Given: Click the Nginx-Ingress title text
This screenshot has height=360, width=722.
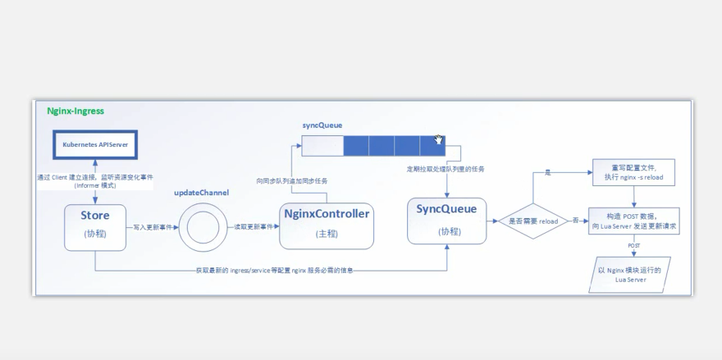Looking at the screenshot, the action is click(x=75, y=111).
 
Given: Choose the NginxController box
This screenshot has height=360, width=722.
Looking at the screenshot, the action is click(x=327, y=224).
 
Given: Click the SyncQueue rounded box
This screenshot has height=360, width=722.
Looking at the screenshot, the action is click(x=446, y=220).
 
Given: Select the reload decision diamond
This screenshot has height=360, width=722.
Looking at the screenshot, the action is click(x=533, y=221).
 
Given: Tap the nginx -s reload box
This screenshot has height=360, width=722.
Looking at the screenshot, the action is click(x=633, y=172).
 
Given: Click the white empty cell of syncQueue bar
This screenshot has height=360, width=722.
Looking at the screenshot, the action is click(x=322, y=146).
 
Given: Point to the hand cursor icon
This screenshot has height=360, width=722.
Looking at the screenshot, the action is click(x=439, y=139).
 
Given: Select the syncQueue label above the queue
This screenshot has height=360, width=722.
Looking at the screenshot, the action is click(x=322, y=125).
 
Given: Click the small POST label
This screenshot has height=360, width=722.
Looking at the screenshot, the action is click(x=633, y=245).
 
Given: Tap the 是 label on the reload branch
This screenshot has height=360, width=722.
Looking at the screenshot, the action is click(x=548, y=174).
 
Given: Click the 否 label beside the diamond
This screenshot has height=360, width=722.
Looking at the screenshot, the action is click(x=575, y=220).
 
